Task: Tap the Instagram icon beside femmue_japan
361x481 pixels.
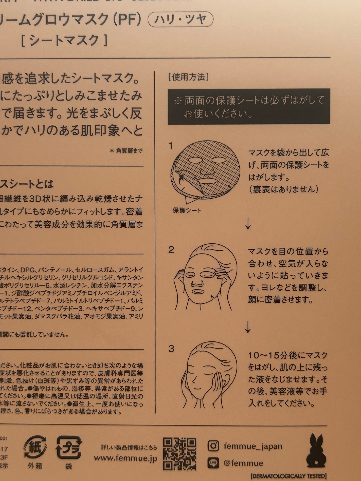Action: (213, 446)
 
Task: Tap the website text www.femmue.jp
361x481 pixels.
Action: (125, 458)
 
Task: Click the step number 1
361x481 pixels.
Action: (171, 146)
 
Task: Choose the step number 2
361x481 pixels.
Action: (171, 250)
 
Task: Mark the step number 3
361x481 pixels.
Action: (171, 349)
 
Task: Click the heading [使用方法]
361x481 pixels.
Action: (188, 77)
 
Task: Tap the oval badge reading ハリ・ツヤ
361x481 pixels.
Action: (180, 20)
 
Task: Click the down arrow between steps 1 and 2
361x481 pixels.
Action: (248, 223)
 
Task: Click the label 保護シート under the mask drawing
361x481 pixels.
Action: (187, 210)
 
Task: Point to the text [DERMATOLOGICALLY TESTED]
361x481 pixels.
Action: (288, 476)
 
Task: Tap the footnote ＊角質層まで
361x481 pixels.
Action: (126, 151)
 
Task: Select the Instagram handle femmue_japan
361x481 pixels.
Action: (253, 446)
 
